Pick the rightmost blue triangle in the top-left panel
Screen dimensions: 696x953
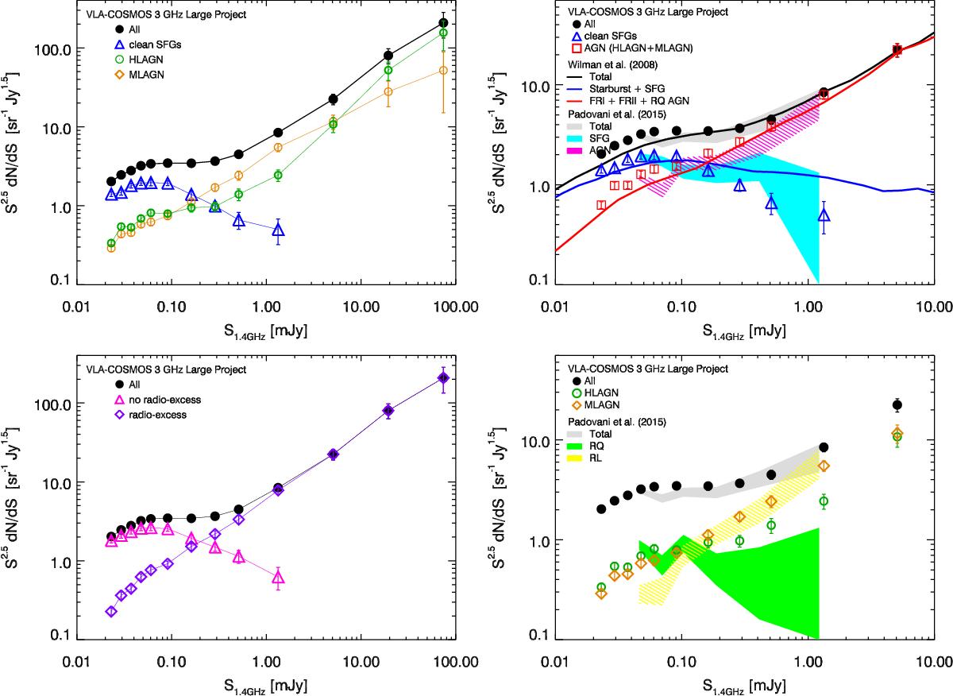click(x=279, y=230)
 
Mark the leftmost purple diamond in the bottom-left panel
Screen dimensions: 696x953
click(x=111, y=612)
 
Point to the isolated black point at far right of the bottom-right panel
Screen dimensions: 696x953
click(x=897, y=405)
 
